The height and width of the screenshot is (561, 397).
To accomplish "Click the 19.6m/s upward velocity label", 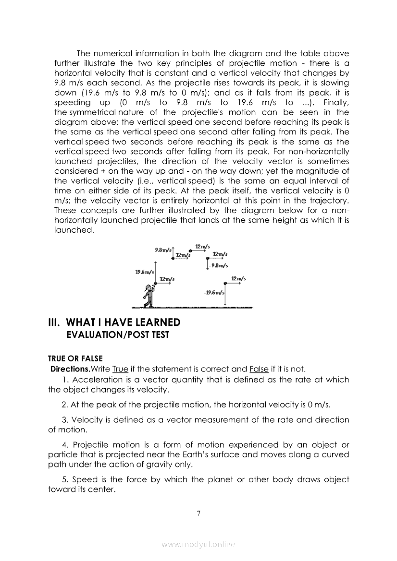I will coord(144,272).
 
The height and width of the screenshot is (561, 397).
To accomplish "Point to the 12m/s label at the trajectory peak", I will coord(202,246).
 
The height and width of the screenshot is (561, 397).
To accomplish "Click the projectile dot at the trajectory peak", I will coord(191,251).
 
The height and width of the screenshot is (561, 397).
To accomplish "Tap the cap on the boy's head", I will coord(148,286).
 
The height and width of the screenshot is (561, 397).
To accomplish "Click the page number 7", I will coord(198,513).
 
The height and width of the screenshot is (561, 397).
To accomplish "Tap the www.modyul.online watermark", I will coord(198,544).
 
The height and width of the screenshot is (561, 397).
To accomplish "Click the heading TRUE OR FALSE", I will coord(75,358).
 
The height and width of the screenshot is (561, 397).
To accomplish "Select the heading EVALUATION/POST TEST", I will coord(117,334).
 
